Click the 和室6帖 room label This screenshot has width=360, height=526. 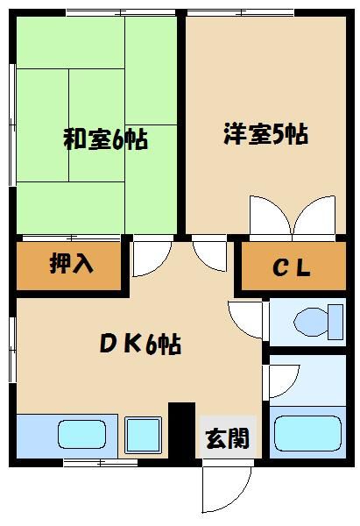pyautogui.click(x=104, y=139)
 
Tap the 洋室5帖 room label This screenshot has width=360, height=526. pyautogui.click(x=265, y=136)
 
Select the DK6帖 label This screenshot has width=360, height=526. pyautogui.click(x=139, y=344)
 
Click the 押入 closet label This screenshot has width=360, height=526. pyautogui.click(x=71, y=264)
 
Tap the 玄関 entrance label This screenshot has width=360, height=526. pyautogui.click(x=226, y=439)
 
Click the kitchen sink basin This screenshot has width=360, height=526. pyautogui.click(x=81, y=433)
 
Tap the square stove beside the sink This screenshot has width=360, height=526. pyautogui.click(x=144, y=433)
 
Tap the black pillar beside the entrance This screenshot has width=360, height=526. pyautogui.click(x=181, y=430)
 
